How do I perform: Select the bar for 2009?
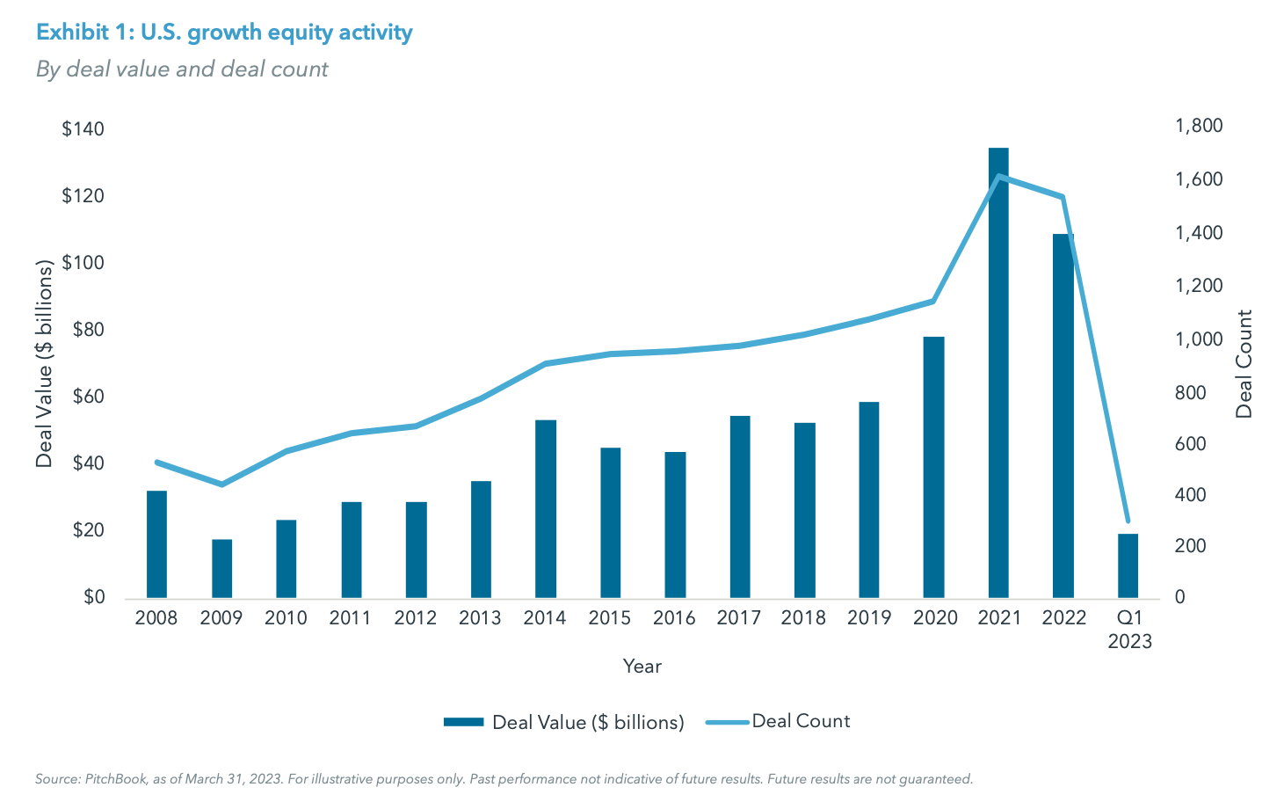(221, 568)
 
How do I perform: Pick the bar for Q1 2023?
(1128, 565)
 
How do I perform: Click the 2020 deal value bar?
(933, 467)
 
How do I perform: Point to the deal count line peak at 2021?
(998, 176)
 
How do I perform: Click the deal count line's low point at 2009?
(221, 485)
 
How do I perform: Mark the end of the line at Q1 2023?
(1128, 521)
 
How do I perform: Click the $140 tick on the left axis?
(83, 129)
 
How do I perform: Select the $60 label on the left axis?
(83, 397)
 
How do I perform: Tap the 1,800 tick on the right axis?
(1199, 126)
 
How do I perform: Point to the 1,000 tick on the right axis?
(1199, 339)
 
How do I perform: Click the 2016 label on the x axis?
(674, 618)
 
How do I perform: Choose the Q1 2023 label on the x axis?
(1129, 630)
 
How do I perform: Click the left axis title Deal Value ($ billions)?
(45, 363)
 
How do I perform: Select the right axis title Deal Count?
(1244, 363)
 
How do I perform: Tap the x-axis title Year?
(642, 667)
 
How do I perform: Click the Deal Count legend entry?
(800, 721)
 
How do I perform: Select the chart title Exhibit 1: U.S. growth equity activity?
(224, 33)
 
